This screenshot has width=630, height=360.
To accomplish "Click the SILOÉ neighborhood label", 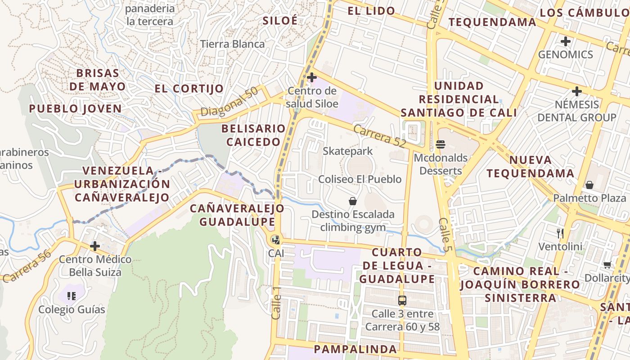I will [279, 21].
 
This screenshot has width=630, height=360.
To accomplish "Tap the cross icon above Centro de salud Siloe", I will [311, 77].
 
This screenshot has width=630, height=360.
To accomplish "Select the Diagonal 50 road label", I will [229, 102].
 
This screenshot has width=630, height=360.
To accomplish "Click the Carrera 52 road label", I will [379, 136].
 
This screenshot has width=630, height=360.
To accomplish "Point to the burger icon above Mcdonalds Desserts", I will [441, 144].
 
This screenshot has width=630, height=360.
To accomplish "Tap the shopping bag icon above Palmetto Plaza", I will [589, 185].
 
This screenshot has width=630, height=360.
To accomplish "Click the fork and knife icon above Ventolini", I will [560, 233].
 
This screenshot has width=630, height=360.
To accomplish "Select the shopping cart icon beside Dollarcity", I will [607, 265].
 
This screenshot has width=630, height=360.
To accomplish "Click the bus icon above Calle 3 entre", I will [402, 300].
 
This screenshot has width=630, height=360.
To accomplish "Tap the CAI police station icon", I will [276, 240].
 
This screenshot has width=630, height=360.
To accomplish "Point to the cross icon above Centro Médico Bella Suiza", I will [94, 246].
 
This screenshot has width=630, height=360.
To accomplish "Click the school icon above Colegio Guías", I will [71, 296].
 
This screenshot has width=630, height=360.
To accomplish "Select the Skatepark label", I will [348, 151].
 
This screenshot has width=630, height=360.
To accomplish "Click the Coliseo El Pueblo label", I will [360, 179].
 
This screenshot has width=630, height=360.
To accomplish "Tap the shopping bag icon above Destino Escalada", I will [353, 201].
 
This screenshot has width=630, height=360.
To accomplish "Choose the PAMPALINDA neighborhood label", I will [355, 349].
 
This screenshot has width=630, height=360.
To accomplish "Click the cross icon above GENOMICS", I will [565, 41].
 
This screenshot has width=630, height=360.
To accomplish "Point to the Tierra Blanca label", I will [232, 44].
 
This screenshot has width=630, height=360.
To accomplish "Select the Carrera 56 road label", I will [27, 265].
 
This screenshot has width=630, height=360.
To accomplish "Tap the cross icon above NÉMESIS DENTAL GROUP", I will [576, 92].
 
